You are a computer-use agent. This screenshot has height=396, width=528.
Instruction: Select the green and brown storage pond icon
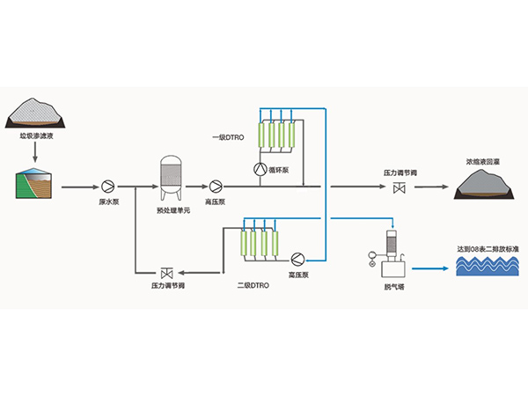click(36, 181)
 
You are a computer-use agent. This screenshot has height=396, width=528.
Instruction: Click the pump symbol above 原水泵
click(107, 187)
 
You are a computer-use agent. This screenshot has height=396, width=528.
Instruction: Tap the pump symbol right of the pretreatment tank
click(216, 187)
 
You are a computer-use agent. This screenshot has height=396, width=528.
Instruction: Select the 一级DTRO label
click(228, 136)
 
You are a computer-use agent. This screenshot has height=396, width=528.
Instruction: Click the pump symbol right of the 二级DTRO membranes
click(298, 258)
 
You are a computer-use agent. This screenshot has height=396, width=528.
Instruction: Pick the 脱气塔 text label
click(393, 285)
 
